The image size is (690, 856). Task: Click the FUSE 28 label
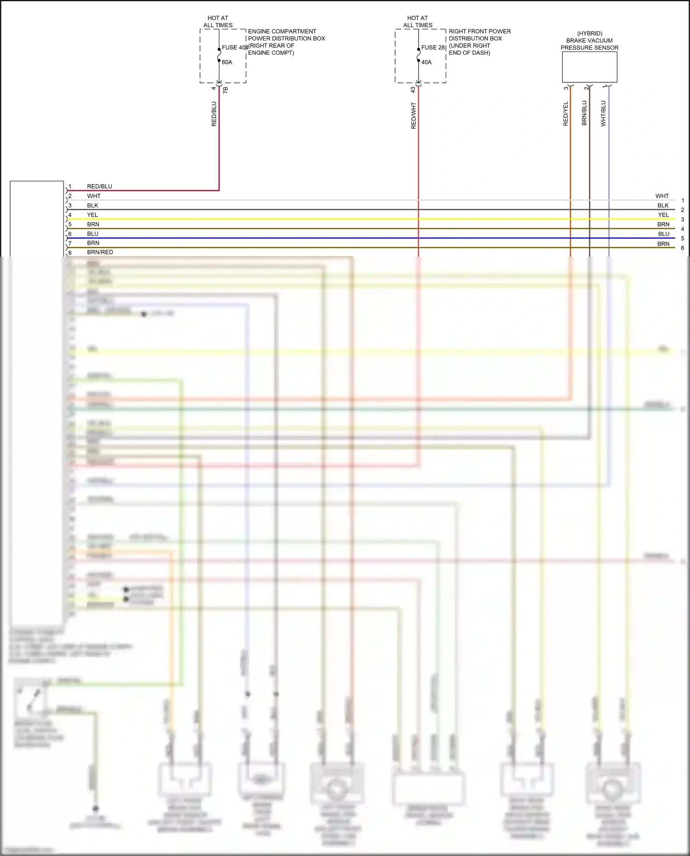coord(433,47)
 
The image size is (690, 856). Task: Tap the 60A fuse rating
coord(227,62)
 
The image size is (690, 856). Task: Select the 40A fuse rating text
coord(426,62)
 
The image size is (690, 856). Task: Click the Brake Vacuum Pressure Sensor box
coord(589,67)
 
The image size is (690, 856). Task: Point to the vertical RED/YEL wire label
coord(566,114)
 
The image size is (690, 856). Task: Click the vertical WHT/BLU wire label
coord(604,114)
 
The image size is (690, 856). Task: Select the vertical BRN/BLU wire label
coord(585,113)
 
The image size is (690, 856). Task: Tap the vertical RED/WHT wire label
coord(414,115)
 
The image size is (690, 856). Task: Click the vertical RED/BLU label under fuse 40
coord(214,114)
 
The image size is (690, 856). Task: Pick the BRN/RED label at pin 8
coord(100,252)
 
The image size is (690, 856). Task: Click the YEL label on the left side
coord(92,215)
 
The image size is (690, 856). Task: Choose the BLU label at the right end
coord(663,234)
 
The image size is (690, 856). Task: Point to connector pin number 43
coord(413,90)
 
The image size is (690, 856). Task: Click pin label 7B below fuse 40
coord(225,90)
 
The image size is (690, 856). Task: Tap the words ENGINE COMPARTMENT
coord(282,31)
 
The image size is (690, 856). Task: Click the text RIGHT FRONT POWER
coord(480,31)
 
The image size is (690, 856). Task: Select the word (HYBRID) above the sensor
coord(589,34)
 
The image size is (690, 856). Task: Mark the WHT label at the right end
coord(662,196)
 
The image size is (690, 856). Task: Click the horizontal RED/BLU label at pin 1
coord(99,186)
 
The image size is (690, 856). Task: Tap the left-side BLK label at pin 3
coord(92,206)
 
